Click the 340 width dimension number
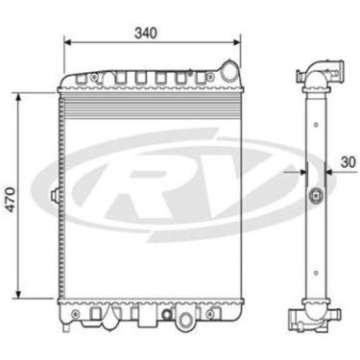coord(146,32)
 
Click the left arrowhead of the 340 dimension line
coord(66,43)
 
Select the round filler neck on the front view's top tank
coord(228,69)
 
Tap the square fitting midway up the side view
coord(315,198)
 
